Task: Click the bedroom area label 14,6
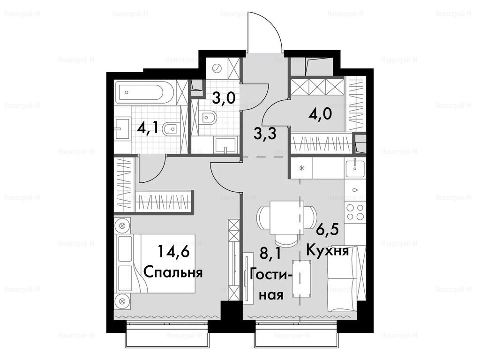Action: [x=174, y=253]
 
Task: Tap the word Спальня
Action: [x=173, y=272]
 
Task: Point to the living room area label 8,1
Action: [x=270, y=254]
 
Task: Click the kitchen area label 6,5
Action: [x=327, y=230]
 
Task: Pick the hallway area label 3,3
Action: [x=265, y=134]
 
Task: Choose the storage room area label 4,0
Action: [x=321, y=116]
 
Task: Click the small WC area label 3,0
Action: [x=224, y=98]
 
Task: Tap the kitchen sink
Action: [x=355, y=168]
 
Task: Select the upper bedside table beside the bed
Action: [x=122, y=226]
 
